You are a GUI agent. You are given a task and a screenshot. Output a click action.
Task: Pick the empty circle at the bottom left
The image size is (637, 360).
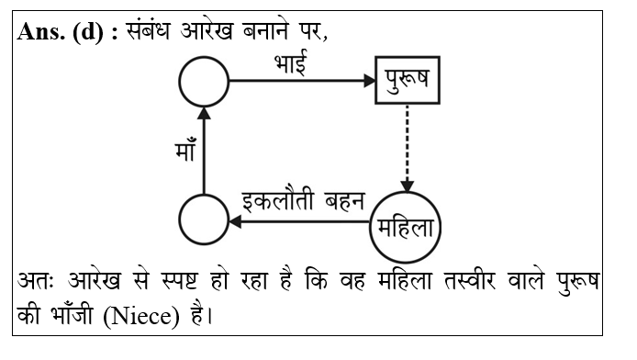tap(203, 222)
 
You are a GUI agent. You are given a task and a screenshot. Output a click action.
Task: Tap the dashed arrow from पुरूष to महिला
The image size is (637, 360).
tap(408, 147)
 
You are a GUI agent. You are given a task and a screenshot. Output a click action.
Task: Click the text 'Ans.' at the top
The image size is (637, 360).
tap(39, 32)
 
